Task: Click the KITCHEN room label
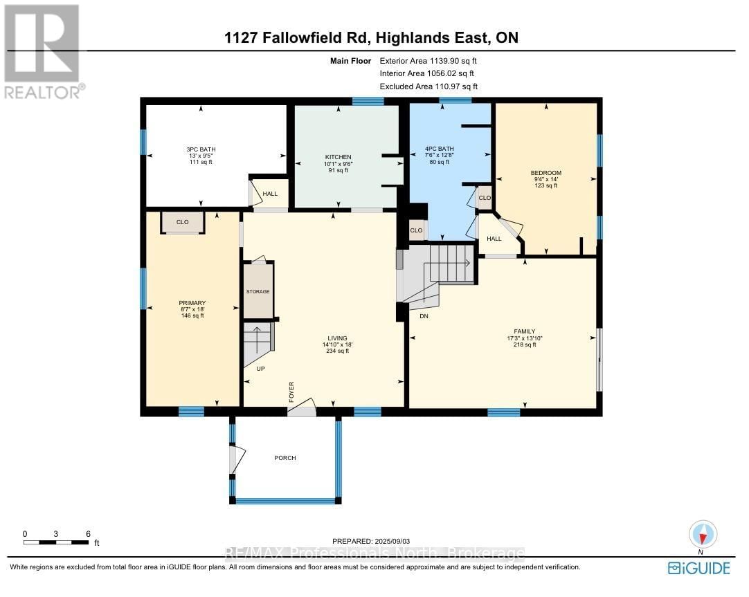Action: [339, 157]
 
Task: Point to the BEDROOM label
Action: [545, 173]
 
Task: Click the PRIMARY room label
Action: [192, 303]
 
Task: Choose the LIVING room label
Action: [338, 338]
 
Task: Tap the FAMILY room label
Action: [525, 331]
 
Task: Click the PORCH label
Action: [285, 458]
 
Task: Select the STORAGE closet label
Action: [258, 292]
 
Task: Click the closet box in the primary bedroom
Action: [183, 223]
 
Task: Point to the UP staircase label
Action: [260, 369]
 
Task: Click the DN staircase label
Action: [424, 315]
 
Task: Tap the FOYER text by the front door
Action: [291, 392]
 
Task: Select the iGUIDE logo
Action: [699, 568]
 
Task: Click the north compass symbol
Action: [703, 535]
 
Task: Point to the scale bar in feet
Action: [57, 542]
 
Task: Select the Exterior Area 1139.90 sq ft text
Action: [428, 61]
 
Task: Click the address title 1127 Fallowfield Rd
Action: [371, 37]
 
